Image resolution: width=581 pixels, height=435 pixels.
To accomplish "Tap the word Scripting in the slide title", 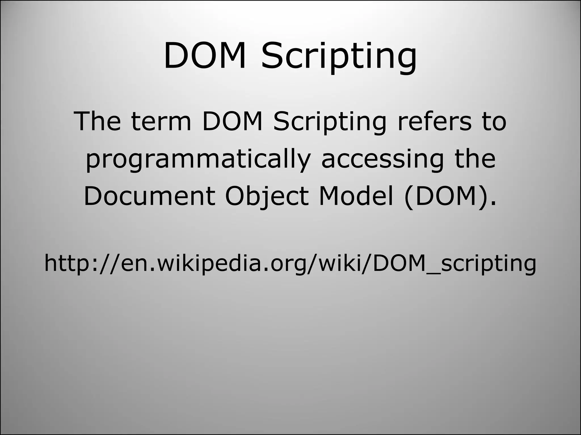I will click(x=339, y=57).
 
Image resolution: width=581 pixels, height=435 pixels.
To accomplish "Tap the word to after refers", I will click(x=494, y=122).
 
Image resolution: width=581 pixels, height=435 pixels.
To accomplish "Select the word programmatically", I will click(x=198, y=160).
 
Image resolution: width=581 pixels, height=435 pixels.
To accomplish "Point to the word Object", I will click(x=266, y=197).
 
